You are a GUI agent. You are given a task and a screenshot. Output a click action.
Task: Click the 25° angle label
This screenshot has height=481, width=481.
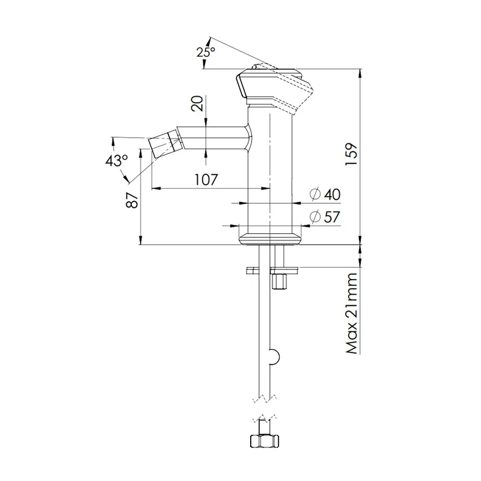[206, 52]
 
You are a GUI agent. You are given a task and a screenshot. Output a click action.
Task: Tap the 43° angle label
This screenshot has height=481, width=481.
[116, 161]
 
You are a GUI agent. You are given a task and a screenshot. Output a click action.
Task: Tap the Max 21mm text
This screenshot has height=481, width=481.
[352, 314]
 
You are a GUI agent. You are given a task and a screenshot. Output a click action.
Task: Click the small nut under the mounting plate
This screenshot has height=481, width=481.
[278, 281]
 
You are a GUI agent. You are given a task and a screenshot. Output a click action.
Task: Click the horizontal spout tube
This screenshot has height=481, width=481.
[213, 138]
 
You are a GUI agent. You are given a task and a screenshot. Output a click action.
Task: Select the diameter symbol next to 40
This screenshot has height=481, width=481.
[314, 194]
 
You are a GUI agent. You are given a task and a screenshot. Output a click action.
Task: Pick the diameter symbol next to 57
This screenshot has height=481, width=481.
[314, 217]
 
